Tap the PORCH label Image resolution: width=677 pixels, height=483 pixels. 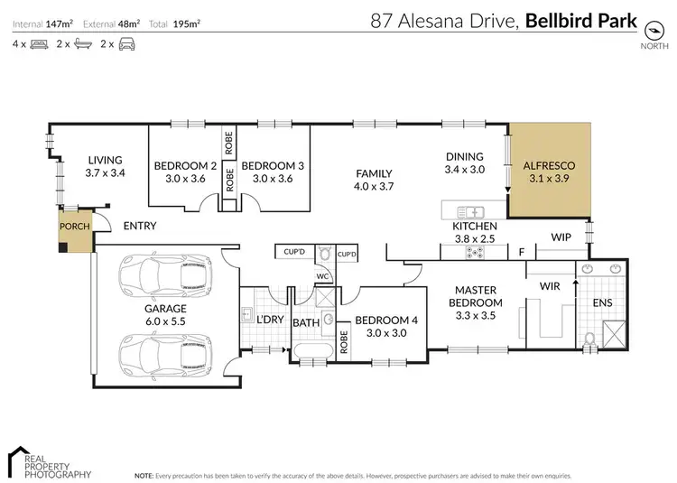click(x=75, y=225)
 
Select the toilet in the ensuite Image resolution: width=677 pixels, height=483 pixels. click(x=589, y=339)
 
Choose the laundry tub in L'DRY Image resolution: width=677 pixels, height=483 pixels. click(x=246, y=314)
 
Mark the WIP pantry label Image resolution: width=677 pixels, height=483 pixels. click(x=562, y=237)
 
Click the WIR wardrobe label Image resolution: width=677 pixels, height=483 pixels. click(x=552, y=285)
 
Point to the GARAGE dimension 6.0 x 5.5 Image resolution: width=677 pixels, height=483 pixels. click(x=165, y=320)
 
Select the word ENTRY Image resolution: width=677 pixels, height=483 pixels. click(x=140, y=226)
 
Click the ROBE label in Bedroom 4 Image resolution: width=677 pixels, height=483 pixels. click(x=344, y=342)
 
